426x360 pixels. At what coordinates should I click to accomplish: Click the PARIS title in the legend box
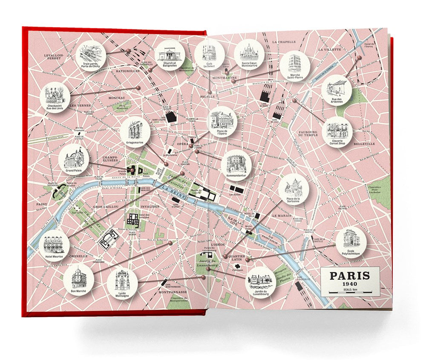point(350,275)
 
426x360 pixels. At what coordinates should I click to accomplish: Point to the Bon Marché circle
point(78,279)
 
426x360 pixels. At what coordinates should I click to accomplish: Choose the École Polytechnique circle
point(351,241)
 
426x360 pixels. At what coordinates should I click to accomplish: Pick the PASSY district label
point(43,204)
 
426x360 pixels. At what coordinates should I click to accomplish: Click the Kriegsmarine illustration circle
point(135,131)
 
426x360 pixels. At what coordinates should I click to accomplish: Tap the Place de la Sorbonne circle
point(294,189)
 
